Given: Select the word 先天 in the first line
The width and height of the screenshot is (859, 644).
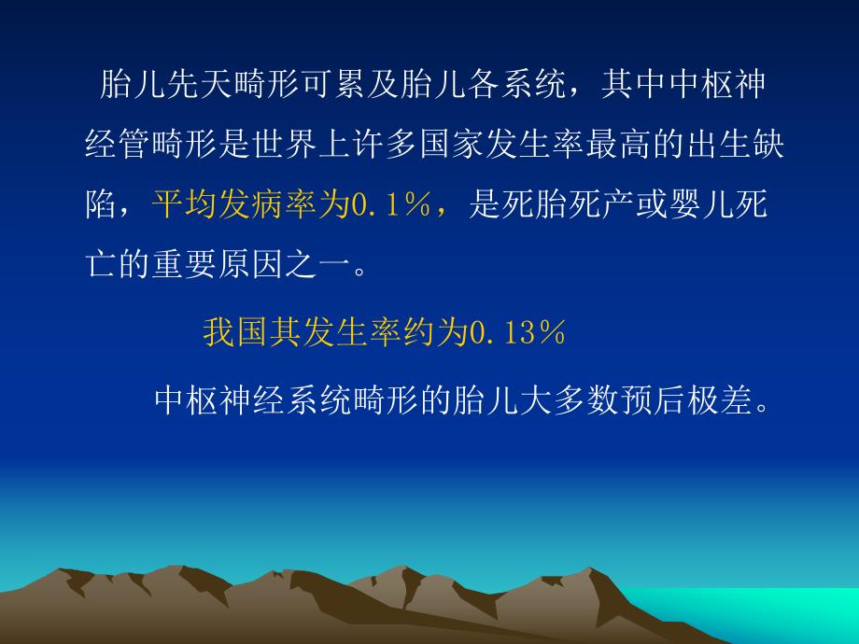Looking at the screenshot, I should (197, 87).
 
